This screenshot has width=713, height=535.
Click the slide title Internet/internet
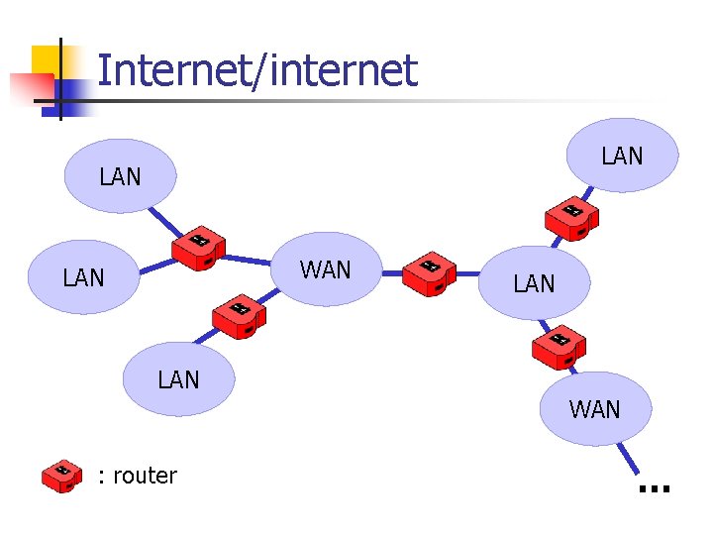[257, 70]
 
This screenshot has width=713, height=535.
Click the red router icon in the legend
[61, 476]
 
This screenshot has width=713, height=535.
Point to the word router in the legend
[145, 476]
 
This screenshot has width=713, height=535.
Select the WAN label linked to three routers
[325, 269]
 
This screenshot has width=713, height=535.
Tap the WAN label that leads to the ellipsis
[594, 409]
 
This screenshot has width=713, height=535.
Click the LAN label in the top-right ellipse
[622, 156]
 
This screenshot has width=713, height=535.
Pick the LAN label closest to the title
[120, 177]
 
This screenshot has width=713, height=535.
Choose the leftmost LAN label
[83, 278]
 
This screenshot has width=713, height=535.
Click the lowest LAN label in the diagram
[178, 379]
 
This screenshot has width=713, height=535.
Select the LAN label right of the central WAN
[534, 284]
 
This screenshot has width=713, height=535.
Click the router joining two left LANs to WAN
[198, 248]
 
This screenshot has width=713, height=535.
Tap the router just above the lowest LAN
[239, 315]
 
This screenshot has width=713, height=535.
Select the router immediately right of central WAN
[429, 273]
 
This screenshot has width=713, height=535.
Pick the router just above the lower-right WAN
[560, 346]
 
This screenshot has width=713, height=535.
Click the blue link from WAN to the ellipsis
[630, 458]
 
